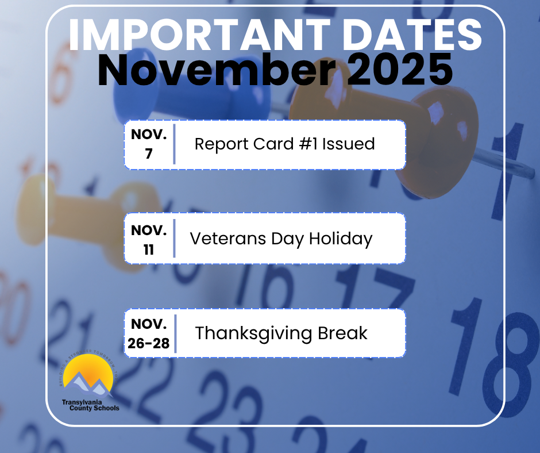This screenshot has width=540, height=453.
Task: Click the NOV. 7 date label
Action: coord(149,144)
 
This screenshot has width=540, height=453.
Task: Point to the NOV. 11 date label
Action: coord(149,239)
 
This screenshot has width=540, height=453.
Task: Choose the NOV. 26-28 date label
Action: coord(149,333)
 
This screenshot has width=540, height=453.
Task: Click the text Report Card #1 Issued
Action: coord(284,144)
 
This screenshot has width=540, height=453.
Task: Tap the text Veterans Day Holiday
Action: coord(281,238)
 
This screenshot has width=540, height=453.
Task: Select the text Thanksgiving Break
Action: coord(281,333)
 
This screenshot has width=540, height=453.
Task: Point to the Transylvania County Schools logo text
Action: coord(91,405)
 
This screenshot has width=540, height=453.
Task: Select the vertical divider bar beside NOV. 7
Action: coord(174,144)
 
